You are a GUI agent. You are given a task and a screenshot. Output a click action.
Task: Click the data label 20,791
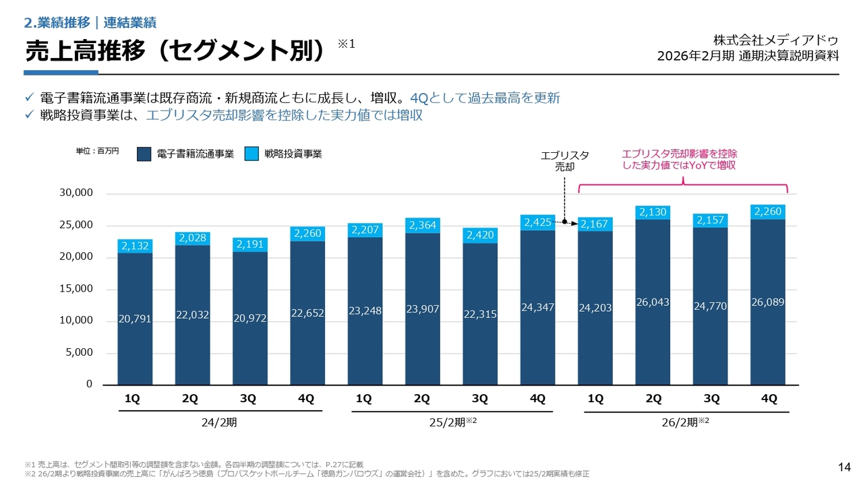[135, 320]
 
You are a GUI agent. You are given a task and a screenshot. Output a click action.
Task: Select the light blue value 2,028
[192, 237]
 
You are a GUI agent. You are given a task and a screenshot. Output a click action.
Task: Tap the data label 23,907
[423, 310]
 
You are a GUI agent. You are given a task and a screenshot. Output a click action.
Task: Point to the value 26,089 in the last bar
[769, 302]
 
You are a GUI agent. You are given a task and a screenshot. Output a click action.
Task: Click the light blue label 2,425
[538, 222]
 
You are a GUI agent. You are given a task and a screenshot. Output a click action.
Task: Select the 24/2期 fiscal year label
[219, 423]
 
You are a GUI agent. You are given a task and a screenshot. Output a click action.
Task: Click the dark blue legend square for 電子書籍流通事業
[144, 154]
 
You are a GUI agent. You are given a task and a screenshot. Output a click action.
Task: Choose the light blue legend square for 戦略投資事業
[251, 154]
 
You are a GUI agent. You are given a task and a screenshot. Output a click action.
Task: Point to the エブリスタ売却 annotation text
[565, 161]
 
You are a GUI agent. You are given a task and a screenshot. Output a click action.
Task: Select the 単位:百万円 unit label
[97, 151]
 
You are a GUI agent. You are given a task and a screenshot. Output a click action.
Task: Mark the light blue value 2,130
[653, 212]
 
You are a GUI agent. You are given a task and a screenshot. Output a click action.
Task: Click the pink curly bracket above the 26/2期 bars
[682, 182]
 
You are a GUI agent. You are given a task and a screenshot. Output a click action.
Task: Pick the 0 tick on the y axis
[89, 384]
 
